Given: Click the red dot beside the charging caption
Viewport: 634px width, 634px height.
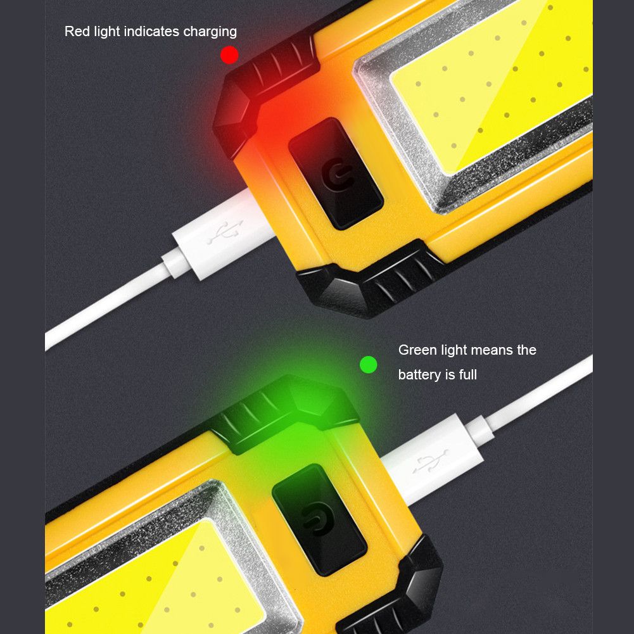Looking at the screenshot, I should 229,55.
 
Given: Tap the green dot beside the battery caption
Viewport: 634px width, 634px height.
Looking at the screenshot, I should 368,364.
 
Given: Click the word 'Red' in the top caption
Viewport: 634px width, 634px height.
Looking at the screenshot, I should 77,31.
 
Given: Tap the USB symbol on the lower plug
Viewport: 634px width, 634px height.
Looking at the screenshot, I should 431,462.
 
